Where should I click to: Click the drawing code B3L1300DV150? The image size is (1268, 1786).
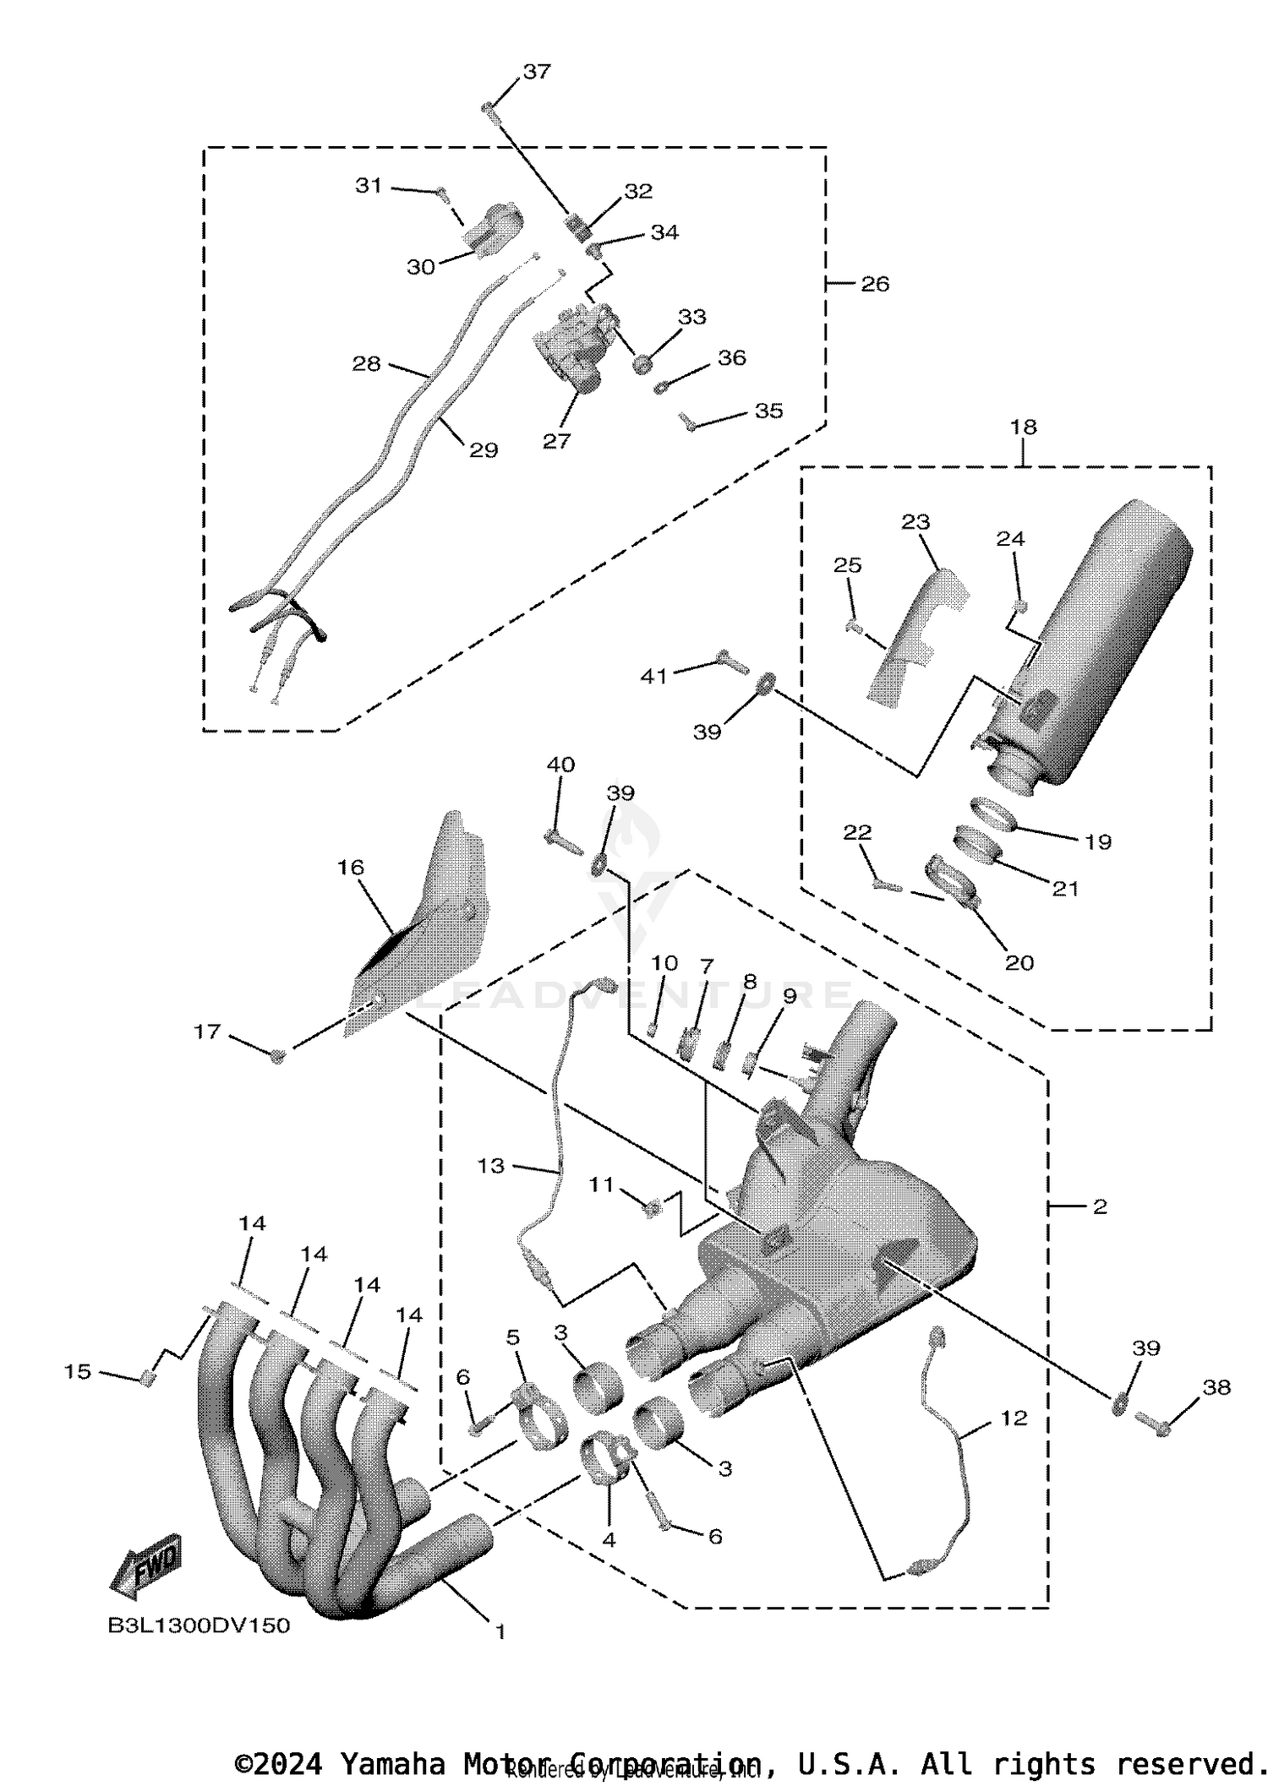pos(199,1626)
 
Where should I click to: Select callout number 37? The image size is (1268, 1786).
pos(537,72)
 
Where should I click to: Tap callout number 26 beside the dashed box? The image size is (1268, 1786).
pos(875,284)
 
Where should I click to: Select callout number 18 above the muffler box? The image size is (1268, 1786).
pos(1023,427)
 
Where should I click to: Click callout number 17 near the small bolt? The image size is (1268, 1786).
pos(208,1032)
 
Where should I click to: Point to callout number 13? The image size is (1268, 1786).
pos(490,1166)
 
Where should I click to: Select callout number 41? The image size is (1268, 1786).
pos(653,676)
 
